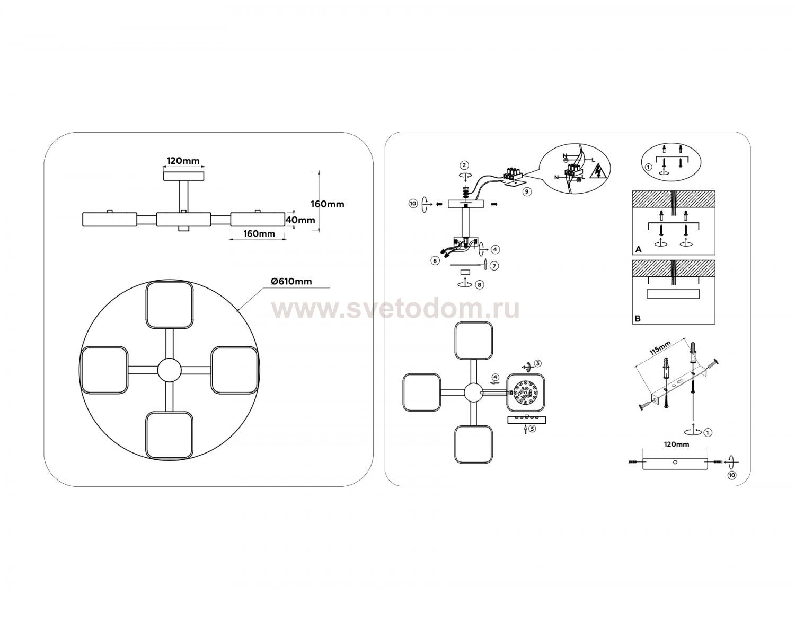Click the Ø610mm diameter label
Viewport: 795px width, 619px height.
coord(291,281)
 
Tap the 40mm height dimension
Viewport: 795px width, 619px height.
coord(300,220)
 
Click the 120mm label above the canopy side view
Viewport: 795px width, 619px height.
coord(183,161)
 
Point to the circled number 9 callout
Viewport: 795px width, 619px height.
coord(526,191)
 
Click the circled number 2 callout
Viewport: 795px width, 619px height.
coord(464,165)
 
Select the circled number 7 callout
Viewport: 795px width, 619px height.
coord(494,266)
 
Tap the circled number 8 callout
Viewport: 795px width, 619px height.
coord(480,284)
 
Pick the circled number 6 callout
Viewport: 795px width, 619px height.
coord(435,260)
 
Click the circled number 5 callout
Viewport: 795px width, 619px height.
coord(532,428)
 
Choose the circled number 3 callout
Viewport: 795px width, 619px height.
coord(537,363)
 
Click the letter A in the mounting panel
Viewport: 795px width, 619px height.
coord(639,249)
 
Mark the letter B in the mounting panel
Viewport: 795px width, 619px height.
coord(638,318)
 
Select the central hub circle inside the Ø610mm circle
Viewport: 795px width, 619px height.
coord(169,370)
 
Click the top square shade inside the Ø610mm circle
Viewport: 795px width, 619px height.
coord(169,306)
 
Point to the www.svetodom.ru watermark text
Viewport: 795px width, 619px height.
coord(395,310)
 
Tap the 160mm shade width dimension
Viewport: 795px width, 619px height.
coord(259,233)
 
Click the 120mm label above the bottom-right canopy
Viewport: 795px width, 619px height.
coord(676,444)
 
